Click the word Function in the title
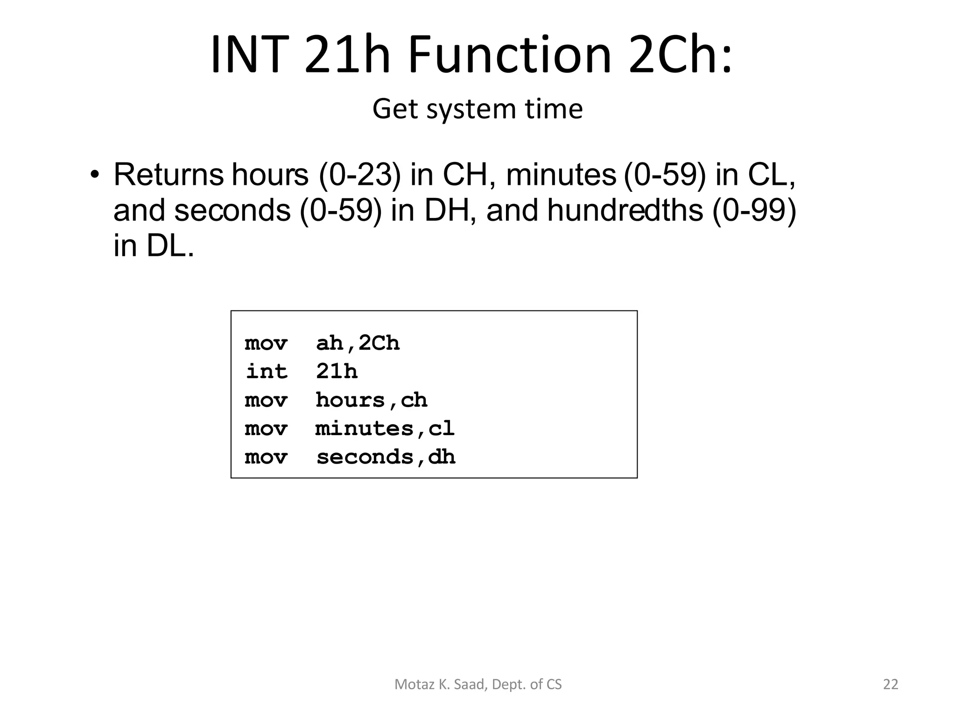[x=509, y=55]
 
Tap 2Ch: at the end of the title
[x=681, y=55]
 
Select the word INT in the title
[x=248, y=55]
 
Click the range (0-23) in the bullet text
[x=359, y=175]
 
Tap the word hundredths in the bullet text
[x=625, y=210]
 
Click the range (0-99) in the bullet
[x=754, y=210]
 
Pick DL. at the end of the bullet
[x=170, y=246]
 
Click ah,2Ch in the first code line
[x=358, y=344]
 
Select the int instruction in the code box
[x=267, y=372]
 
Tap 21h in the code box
[x=337, y=372]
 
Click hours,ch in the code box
[x=372, y=401]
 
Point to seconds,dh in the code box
[x=386, y=457]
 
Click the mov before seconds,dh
[x=266, y=457]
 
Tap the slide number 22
[x=891, y=684]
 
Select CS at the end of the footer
[x=554, y=684]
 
